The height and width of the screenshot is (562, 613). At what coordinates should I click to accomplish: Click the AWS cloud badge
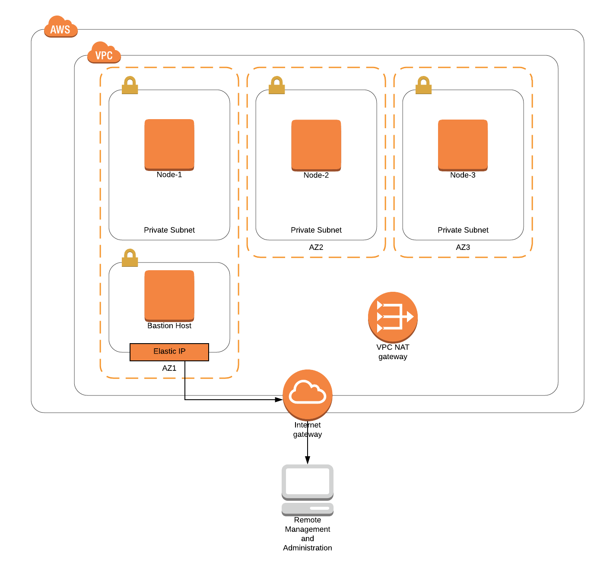click(60, 27)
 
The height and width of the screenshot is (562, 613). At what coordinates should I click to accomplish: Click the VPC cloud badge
click(104, 53)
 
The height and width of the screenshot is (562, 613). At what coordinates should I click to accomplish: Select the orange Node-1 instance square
click(169, 145)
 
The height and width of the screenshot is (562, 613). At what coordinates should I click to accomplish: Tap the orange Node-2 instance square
click(316, 145)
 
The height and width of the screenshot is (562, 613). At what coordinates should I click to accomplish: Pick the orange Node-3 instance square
click(463, 145)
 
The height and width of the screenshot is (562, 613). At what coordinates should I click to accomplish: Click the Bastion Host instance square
click(169, 296)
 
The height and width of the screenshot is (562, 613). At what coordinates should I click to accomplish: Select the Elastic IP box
click(169, 352)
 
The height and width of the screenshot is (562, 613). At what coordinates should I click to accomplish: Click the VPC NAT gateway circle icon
click(393, 317)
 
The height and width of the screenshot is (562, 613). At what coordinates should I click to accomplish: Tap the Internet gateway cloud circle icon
click(308, 395)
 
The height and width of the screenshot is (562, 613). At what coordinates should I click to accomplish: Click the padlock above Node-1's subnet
click(130, 85)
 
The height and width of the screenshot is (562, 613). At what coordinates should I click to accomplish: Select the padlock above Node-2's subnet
click(276, 85)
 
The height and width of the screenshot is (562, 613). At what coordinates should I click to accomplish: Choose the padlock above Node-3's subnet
click(423, 85)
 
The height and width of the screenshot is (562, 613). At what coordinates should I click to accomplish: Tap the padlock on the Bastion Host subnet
click(130, 258)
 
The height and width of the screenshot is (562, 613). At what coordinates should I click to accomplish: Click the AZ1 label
click(169, 368)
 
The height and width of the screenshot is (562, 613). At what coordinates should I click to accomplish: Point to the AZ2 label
click(316, 247)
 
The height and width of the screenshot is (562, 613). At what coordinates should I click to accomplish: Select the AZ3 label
click(463, 247)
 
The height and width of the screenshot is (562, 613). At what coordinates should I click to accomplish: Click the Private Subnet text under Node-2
click(316, 230)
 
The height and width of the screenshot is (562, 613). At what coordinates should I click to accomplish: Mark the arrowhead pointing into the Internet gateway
click(279, 400)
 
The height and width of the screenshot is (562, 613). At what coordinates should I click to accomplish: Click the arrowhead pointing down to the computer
click(308, 461)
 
